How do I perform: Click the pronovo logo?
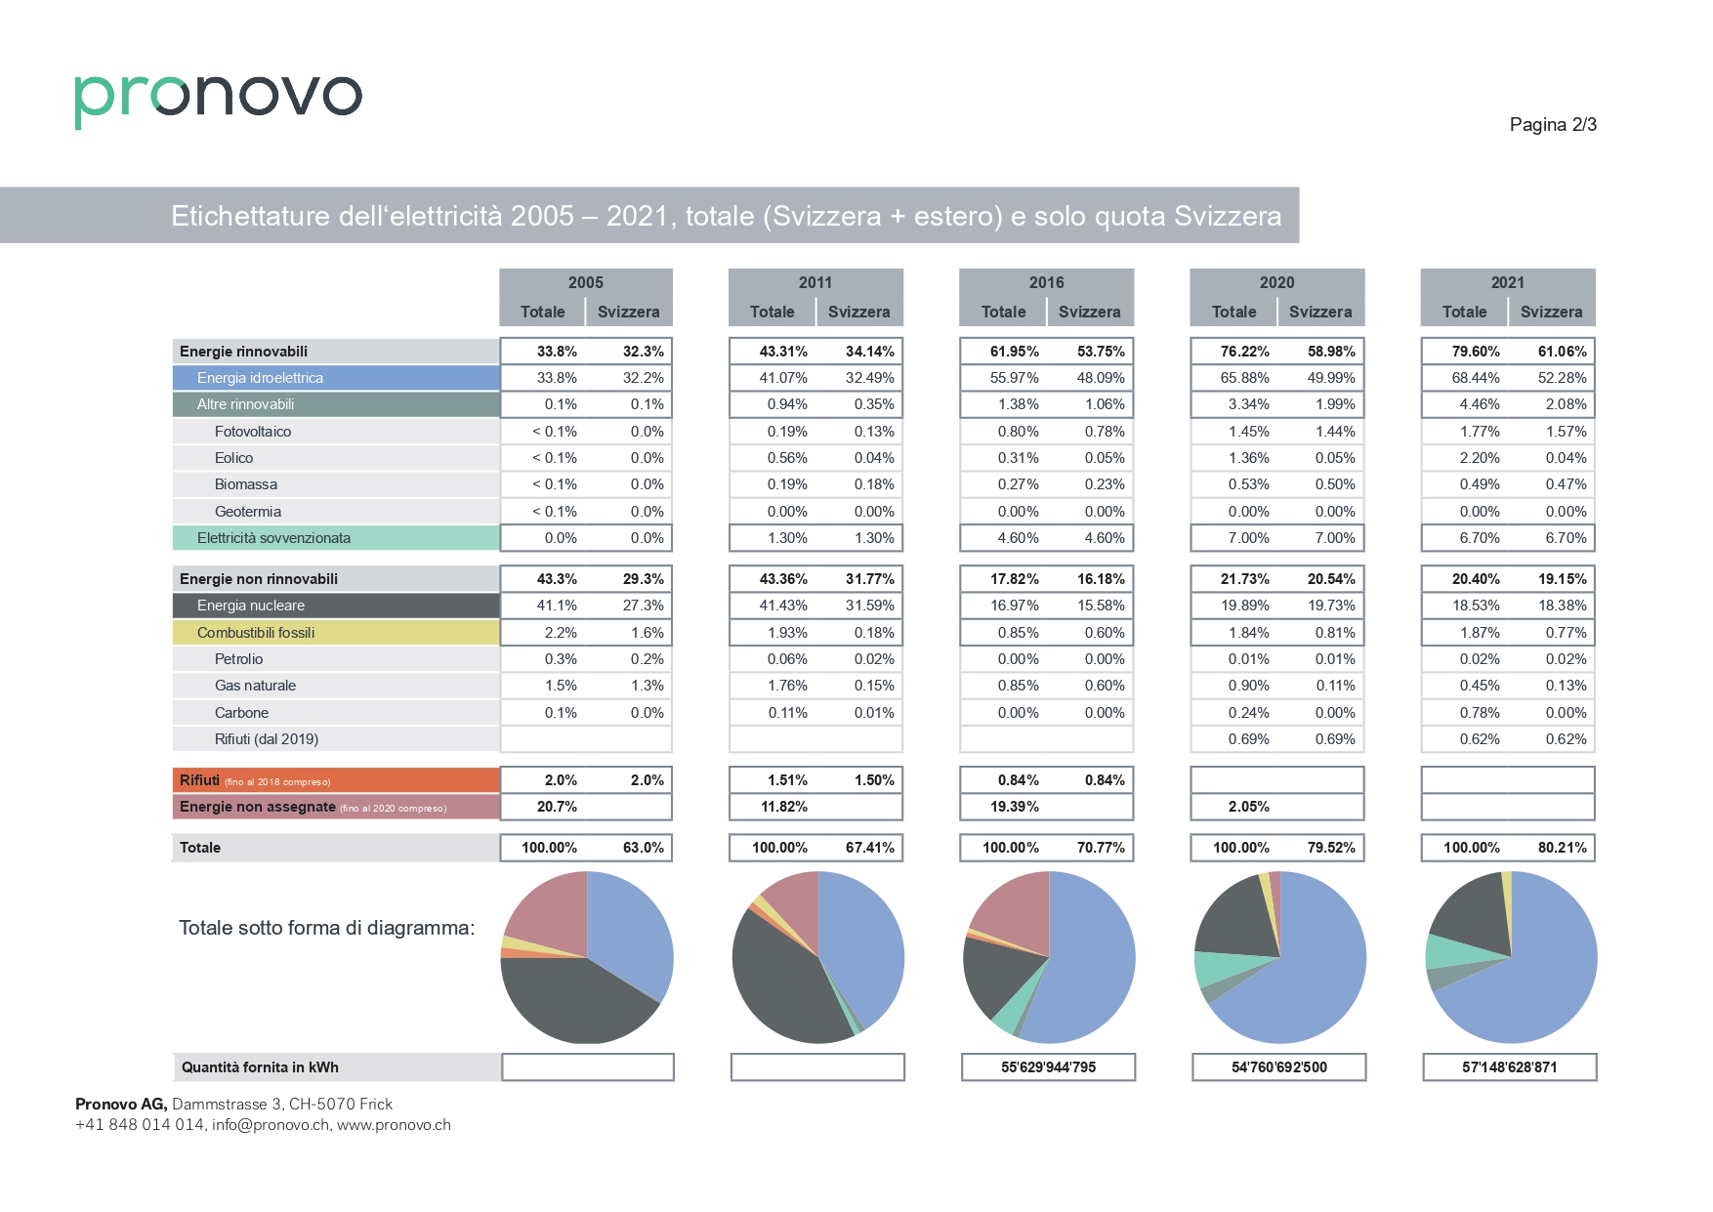(218, 99)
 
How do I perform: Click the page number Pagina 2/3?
(1553, 124)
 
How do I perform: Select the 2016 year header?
(1046, 282)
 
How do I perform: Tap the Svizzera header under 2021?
(1551, 312)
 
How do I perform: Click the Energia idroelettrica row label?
(260, 378)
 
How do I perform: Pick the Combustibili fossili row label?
(256, 633)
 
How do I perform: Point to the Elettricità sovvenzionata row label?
(273, 538)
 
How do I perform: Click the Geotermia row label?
(248, 512)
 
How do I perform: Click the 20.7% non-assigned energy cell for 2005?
(557, 807)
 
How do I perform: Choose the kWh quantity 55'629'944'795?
(1048, 1067)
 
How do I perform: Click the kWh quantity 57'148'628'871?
(1509, 1067)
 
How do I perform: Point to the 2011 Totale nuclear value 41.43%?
(783, 606)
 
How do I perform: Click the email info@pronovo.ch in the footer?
(271, 1125)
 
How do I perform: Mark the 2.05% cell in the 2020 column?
(1248, 807)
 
